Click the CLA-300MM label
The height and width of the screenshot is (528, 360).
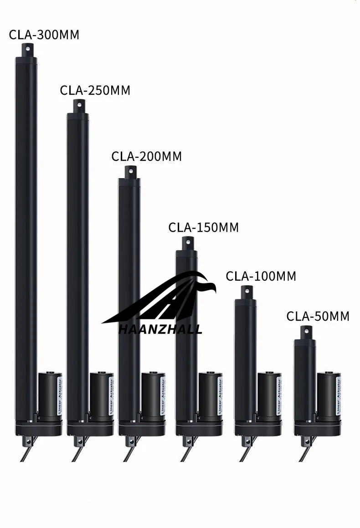tap(44, 35)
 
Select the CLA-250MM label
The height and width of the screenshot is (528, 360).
tap(95, 90)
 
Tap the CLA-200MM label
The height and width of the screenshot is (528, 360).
tap(146, 156)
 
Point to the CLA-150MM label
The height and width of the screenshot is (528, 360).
tap(203, 227)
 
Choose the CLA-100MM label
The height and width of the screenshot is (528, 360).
tap(261, 276)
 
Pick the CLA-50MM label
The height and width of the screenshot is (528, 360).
tap(318, 316)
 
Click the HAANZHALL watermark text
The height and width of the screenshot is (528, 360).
tap(160, 329)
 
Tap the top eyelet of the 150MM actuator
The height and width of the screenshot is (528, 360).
tap(187, 242)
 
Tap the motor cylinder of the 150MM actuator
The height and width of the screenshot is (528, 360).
tap(210, 395)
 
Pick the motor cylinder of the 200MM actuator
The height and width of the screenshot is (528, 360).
tap(153, 395)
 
